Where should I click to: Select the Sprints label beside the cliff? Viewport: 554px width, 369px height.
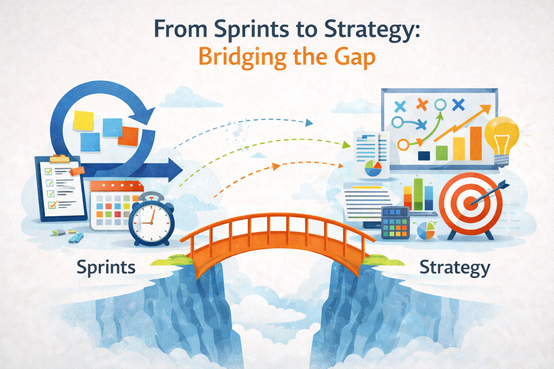coord(106,268)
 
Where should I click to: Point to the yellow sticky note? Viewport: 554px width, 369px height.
coord(83,120)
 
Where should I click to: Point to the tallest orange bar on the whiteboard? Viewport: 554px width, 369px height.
coord(476,143)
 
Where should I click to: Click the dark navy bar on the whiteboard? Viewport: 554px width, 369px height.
coord(424,156)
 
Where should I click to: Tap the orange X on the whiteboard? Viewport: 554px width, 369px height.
coord(421,105)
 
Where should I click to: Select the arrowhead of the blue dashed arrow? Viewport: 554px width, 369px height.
coord(309,123)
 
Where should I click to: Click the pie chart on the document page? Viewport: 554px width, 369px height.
coord(373,168)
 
